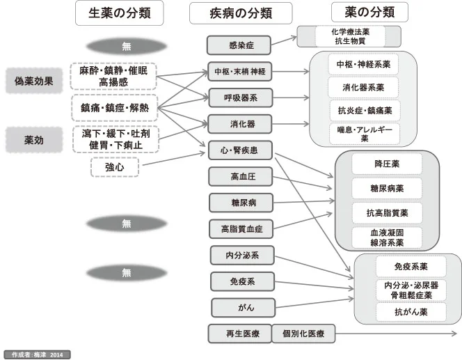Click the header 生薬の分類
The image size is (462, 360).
click(119, 13)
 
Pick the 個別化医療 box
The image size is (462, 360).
click(301, 334)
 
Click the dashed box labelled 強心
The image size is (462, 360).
click(115, 166)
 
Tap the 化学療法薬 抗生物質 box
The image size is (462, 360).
click(349, 37)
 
